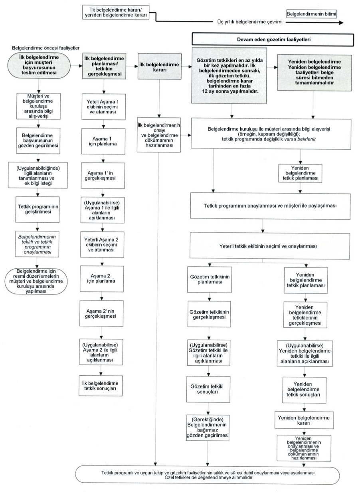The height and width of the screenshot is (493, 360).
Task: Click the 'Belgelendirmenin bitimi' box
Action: (x=311, y=14)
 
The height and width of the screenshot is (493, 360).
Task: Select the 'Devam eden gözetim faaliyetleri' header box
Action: (x=273, y=40)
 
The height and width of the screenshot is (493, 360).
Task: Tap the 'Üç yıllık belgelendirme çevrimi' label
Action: (x=250, y=22)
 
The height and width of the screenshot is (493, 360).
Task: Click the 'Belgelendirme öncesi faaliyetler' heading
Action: (x=46, y=48)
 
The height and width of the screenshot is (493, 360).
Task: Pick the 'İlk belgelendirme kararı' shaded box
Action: (x=160, y=66)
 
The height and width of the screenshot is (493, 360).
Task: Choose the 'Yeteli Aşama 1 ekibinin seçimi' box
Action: (x=104, y=107)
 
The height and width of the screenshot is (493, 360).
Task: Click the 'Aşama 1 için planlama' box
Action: (x=103, y=141)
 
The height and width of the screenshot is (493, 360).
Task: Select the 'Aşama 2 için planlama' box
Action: (x=102, y=279)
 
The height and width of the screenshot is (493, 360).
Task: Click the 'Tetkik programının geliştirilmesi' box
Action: (x=38, y=210)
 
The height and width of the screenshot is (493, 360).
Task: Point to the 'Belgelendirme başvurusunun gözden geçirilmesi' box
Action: (x=38, y=141)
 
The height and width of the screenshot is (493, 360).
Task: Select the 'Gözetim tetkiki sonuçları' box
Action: (x=208, y=389)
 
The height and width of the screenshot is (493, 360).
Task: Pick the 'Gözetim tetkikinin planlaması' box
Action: (x=210, y=279)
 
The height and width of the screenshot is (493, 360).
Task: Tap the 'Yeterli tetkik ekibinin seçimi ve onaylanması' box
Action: (x=270, y=246)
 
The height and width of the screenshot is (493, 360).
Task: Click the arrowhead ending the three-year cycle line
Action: (x=341, y=22)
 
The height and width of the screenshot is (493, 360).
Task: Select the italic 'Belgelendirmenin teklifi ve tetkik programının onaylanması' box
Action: (x=37, y=244)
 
